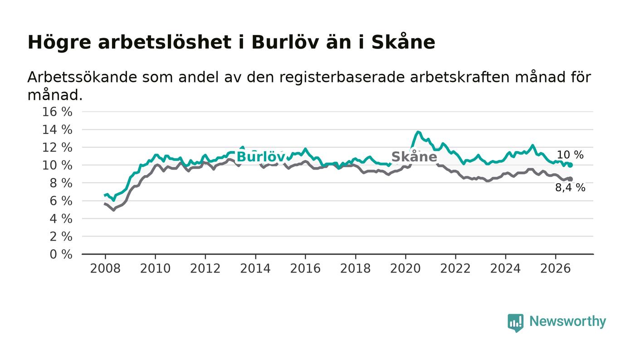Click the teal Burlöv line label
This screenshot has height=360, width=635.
(x=261, y=157)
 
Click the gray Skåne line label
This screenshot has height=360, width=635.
(x=414, y=157)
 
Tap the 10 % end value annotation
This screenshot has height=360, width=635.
(x=570, y=155)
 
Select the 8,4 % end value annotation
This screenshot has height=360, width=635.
(x=570, y=188)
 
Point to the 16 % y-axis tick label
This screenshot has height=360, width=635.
(x=57, y=112)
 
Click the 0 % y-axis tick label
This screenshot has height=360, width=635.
(x=61, y=254)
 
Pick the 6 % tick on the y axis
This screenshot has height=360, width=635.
(x=61, y=201)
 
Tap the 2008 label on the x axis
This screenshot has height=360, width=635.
(x=105, y=268)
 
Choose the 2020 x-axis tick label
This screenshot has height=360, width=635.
(x=405, y=268)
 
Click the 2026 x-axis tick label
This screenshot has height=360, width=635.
(x=555, y=268)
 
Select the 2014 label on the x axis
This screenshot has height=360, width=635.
(x=255, y=268)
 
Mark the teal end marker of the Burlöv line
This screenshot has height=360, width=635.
(x=571, y=165)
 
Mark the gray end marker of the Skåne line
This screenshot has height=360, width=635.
(x=571, y=179)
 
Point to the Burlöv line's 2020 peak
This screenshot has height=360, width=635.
(x=418, y=132)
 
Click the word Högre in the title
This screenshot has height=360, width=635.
(x=59, y=43)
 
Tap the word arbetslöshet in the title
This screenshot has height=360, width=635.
(x=165, y=42)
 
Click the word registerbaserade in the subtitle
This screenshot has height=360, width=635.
(x=342, y=78)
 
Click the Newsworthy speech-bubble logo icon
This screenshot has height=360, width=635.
(x=515, y=322)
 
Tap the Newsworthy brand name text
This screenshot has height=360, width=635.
(x=567, y=321)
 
